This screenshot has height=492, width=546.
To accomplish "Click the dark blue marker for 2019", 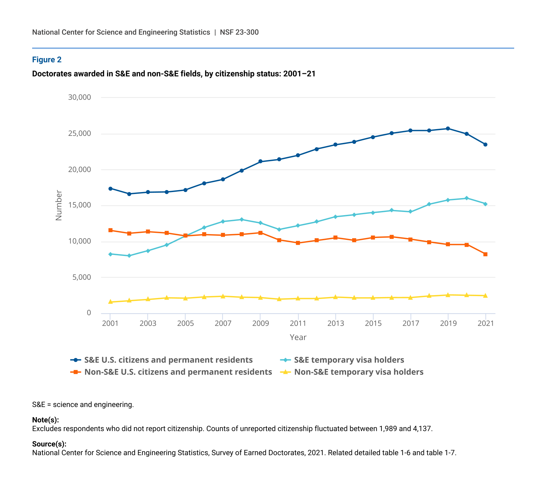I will pyautogui.click(x=448, y=128).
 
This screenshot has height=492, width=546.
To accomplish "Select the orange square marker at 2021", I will pyautogui.click(x=485, y=254).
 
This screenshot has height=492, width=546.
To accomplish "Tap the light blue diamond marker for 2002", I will pyautogui.click(x=129, y=256).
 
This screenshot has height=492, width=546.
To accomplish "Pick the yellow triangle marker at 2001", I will pyautogui.click(x=111, y=302).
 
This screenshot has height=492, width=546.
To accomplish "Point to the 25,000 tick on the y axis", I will pyautogui.click(x=79, y=134).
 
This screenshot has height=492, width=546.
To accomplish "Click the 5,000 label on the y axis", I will pyautogui.click(x=82, y=277).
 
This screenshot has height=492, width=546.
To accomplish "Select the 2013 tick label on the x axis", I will pyautogui.click(x=336, y=323).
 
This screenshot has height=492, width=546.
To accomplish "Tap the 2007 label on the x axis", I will pyautogui.click(x=223, y=323).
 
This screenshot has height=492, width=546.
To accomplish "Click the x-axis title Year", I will pyautogui.click(x=298, y=337).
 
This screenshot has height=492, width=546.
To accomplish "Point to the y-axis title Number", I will pyautogui.click(x=58, y=206).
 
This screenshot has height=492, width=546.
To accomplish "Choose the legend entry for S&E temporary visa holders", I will pyautogui.click(x=349, y=360).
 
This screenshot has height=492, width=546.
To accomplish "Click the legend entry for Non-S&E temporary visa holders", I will pyautogui.click(x=359, y=372).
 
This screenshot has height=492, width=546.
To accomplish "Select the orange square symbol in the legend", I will pyautogui.click(x=76, y=372).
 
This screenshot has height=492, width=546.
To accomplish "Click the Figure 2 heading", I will pyautogui.click(x=47, y=60).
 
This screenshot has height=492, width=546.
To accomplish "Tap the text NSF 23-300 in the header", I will pyautogui.click(x=239, y=32).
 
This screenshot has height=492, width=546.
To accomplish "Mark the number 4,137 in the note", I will pyautogui.click(x=422, y=428).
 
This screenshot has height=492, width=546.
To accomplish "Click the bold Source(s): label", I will pyautogui.click(x=49, y=444).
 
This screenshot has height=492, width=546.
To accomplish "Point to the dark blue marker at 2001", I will pyautogui.click(x=111, y=189).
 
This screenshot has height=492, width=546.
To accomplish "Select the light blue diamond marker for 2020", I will pyautogui.click(x=467, y=198).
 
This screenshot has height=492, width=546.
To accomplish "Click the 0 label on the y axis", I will pyautogui.click(x=89, y=313).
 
